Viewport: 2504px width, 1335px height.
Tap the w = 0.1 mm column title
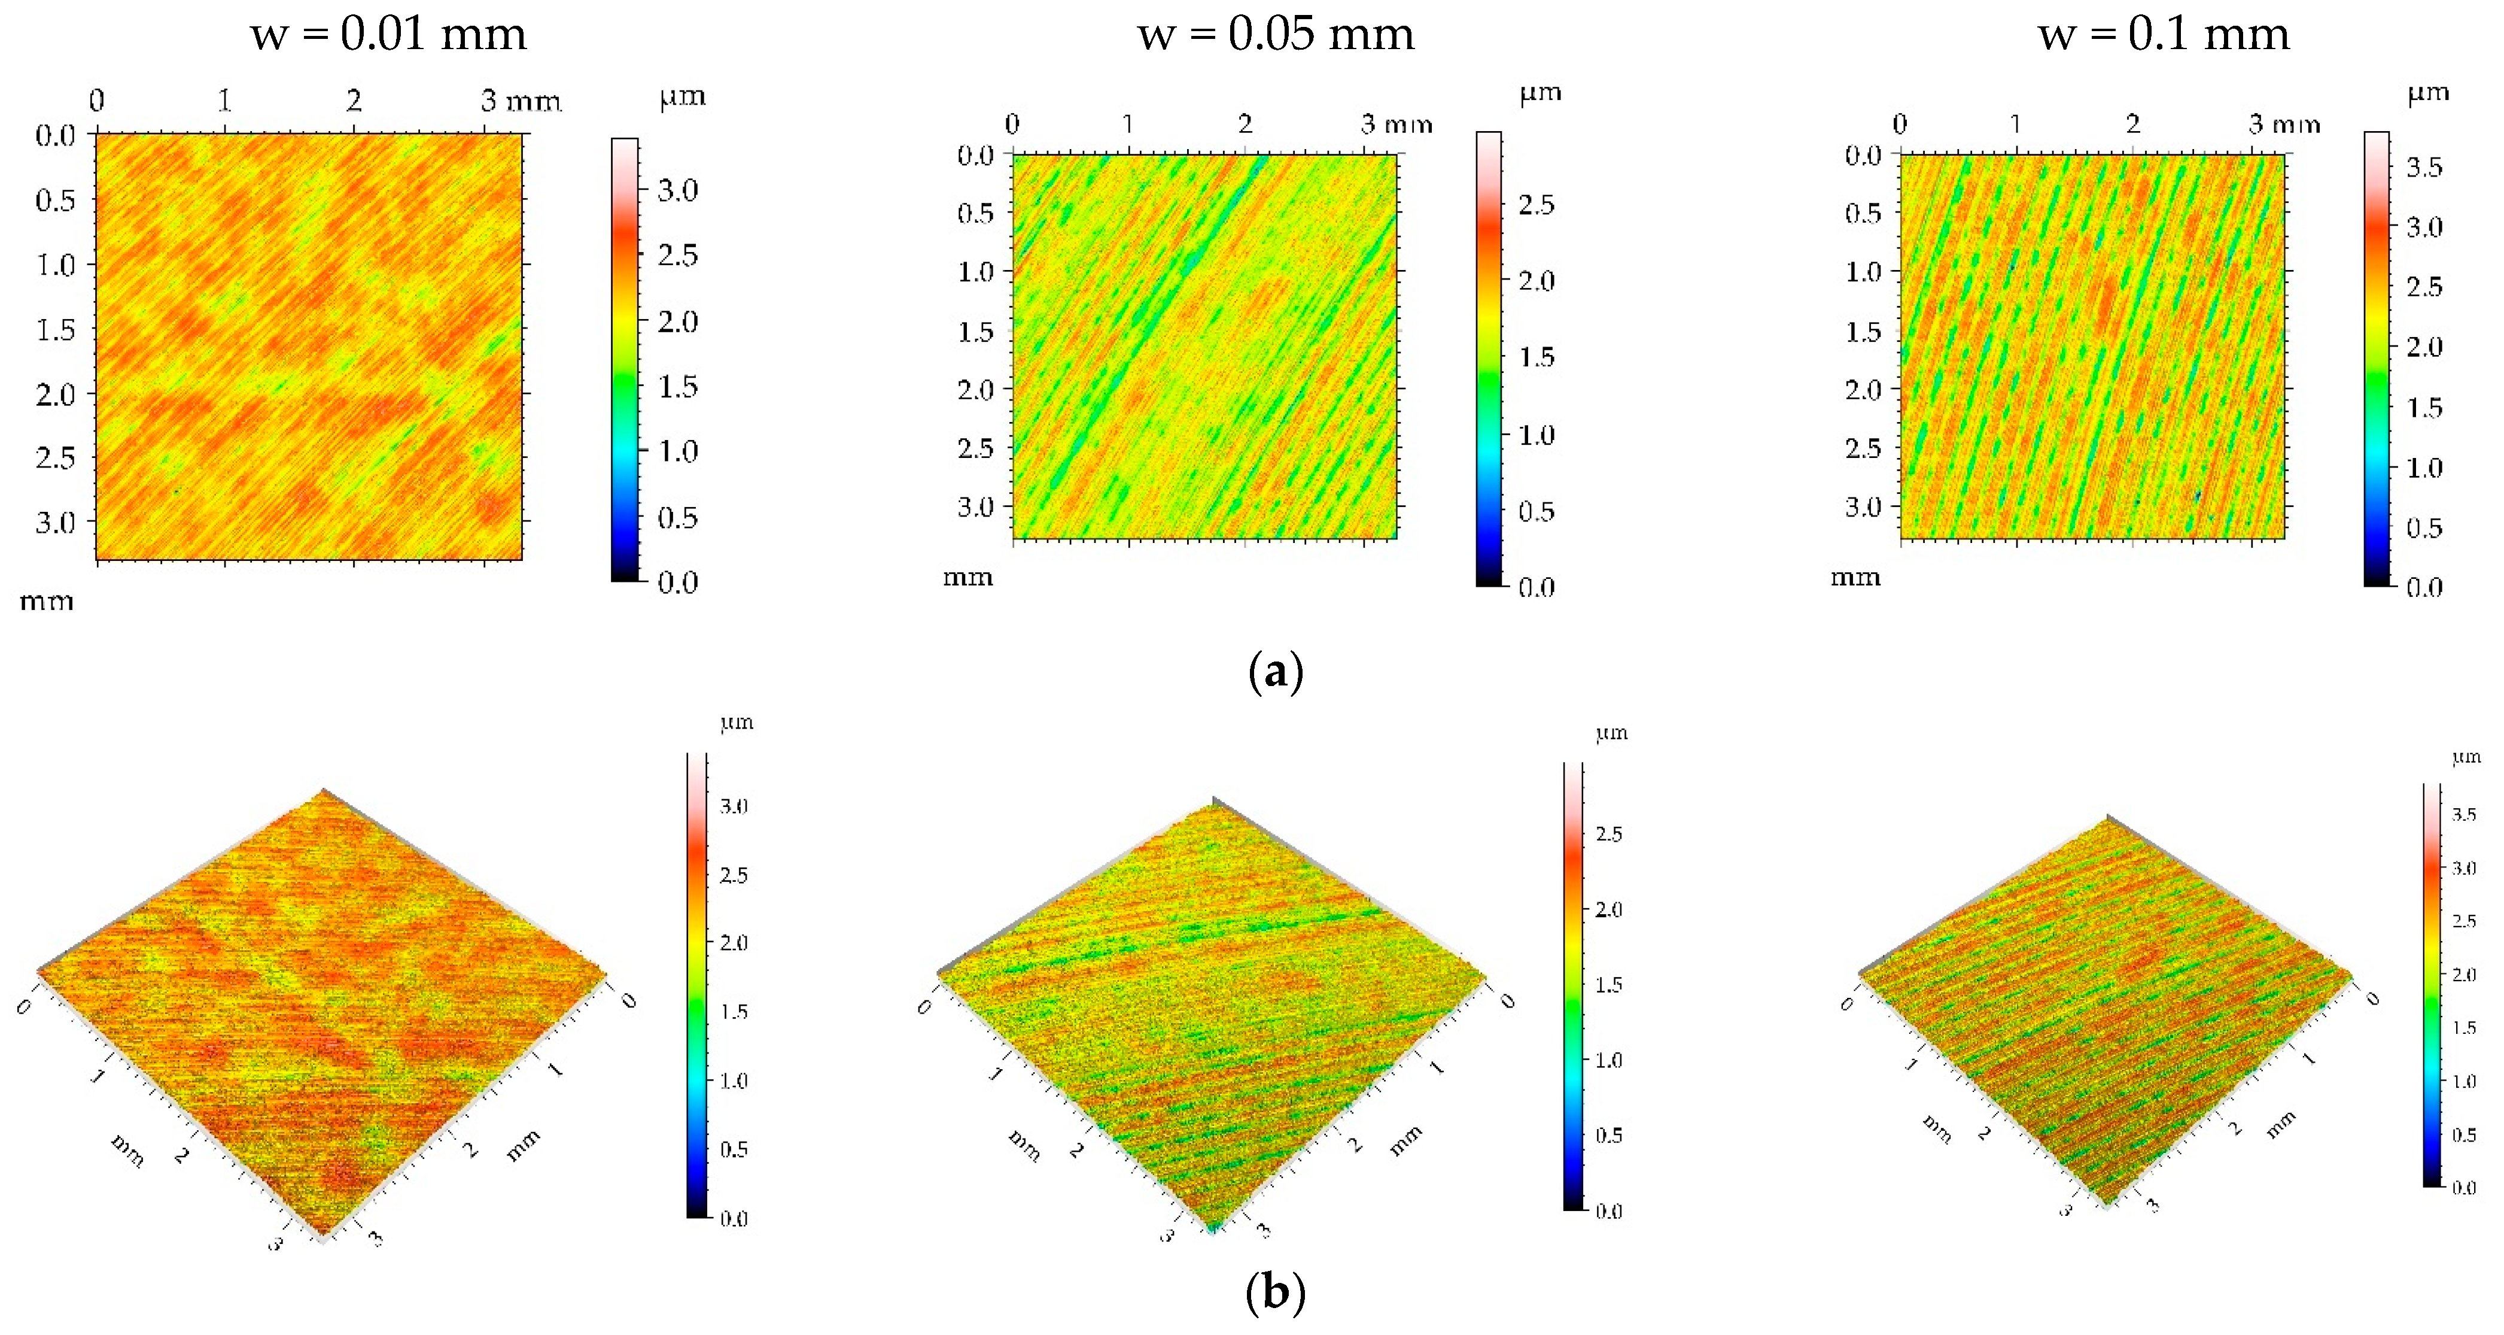click(x=2164, y=35)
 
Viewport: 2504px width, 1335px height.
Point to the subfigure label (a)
click(x=1274, y=672)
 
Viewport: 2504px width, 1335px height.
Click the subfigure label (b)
click(x=1274, y=1292)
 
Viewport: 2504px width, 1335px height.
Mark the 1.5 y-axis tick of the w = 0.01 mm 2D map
click(x=56, y=330)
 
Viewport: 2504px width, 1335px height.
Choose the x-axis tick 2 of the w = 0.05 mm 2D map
click(x=1245, y=123)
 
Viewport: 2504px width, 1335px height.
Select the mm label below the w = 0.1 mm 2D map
click(x=1855, y=578)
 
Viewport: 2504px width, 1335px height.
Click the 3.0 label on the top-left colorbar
click(x=677, y=190)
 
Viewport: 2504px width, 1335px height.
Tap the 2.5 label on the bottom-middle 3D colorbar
click(x=1609, y=833)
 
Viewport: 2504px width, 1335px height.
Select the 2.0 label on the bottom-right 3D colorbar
click(x=2464, y=974)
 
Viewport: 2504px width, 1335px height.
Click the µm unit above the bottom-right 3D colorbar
click(x=2466, y=757)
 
